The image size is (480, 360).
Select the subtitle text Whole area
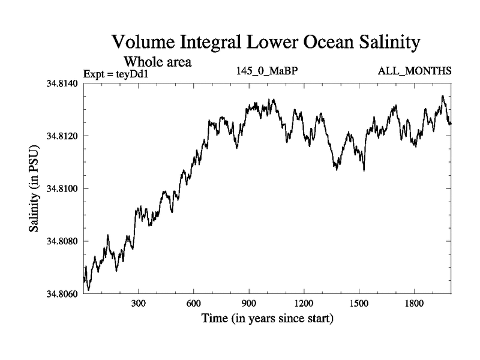(157, 61)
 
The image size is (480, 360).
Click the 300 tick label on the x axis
(139, 304)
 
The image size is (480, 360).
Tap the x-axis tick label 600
(194, 304)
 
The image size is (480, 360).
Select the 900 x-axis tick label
(249, 304)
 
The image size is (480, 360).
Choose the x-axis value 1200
(304, 304)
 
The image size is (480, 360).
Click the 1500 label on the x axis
(359, 304)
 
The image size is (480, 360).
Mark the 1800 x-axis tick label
(414, 304)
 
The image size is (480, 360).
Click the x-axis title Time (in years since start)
(267, 317)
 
